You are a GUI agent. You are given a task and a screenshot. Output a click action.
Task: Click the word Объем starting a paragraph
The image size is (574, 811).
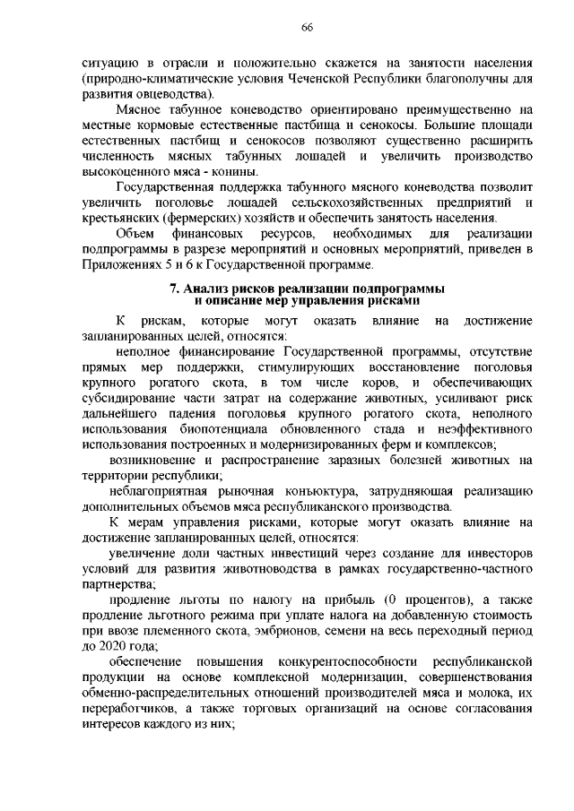coord(135,235)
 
